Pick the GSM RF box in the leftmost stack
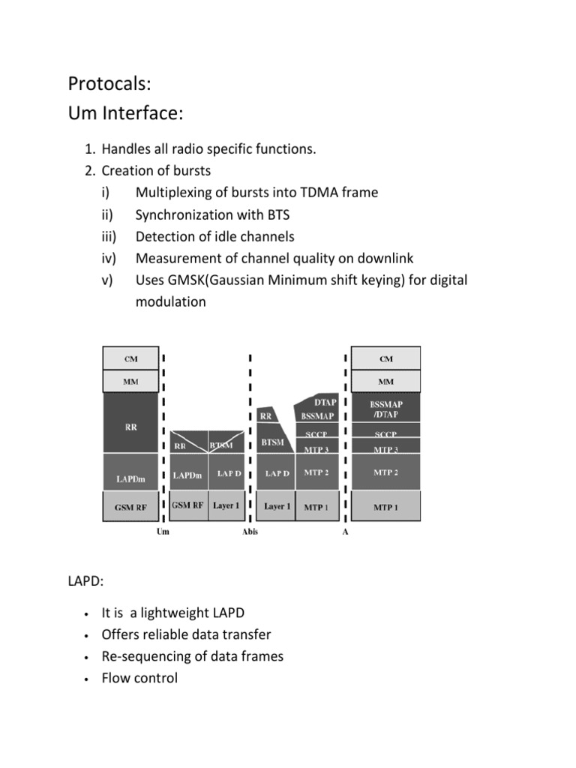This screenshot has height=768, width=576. [130, 507]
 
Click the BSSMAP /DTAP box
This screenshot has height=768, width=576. [385, 409]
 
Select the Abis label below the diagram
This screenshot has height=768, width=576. [250, 533]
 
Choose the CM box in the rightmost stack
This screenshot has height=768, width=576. [385, 358]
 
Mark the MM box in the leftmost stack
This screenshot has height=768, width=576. [130, 382]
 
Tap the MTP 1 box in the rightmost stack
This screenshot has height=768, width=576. [385, 507]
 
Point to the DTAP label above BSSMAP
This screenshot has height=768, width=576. [325, 403]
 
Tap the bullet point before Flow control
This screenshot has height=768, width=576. [88, 679]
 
